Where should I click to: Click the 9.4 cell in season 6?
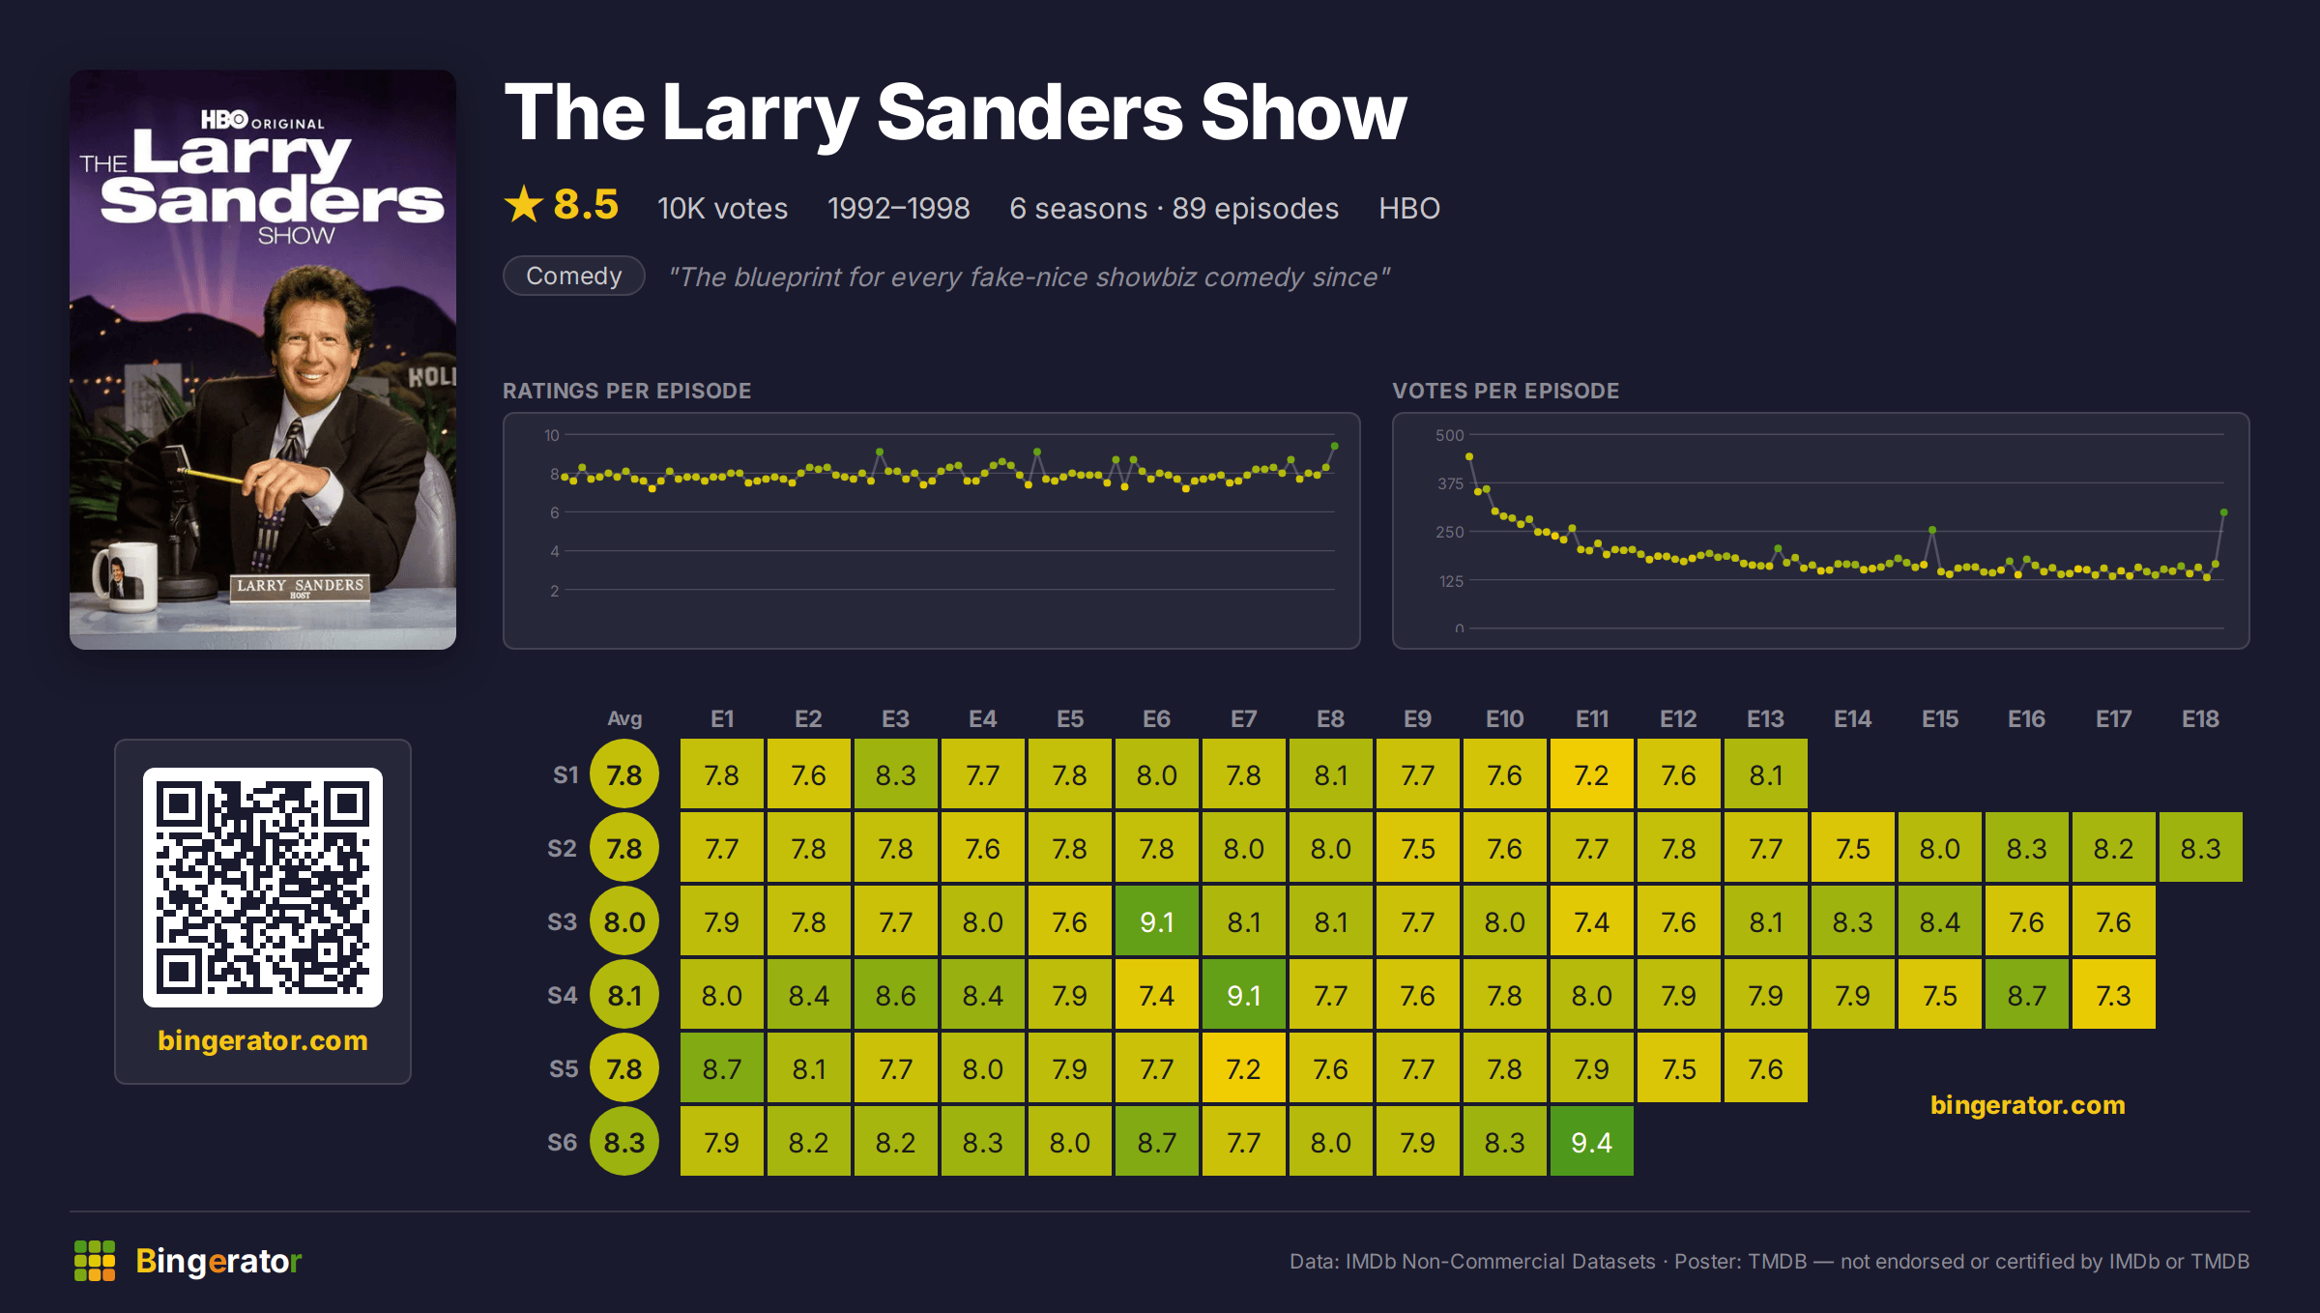[1591, 1142]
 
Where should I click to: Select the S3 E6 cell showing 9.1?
[1156, 921]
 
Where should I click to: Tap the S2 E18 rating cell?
[2200, 848]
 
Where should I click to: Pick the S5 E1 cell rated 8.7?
[721, 1068]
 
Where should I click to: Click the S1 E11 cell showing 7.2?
[1591, 774]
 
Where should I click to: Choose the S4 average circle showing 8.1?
[624, 995]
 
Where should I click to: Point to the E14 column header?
[1852, 718]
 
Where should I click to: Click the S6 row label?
[563, 1142]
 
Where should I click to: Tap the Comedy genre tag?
[574, 276]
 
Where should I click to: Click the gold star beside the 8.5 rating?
[524, 204]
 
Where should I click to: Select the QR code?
[263, 888]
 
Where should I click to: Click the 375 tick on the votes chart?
[1450, 483]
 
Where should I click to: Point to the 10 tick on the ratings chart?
[551, 435]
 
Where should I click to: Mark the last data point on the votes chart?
[2224, 512]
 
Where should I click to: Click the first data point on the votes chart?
[1469, 456]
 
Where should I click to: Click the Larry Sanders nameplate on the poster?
[301, 586]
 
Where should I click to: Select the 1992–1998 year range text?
[899, 208]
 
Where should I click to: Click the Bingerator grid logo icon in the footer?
[95, 1261]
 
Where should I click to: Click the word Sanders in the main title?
[1029, 113]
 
